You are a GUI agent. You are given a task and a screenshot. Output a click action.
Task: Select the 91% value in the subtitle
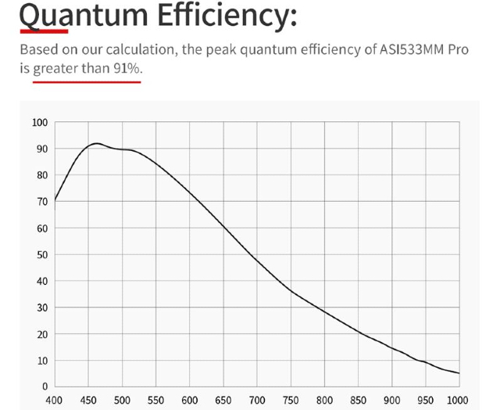127,69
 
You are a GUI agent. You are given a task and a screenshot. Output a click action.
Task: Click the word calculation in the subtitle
142,51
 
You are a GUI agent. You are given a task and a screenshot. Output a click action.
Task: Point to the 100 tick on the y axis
40,123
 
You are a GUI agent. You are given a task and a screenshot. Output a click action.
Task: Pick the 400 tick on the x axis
55,400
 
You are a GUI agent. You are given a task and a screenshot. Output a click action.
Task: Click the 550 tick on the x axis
155,400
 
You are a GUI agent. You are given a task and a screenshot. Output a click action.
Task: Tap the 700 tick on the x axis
257,400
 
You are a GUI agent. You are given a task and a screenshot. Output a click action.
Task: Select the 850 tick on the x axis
358,400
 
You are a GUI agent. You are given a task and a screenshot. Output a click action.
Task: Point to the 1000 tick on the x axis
459,400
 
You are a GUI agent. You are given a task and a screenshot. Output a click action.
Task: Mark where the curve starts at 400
55,200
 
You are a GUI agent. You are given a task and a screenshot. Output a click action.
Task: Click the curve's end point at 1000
459,373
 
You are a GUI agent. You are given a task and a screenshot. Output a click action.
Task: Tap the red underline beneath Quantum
44,31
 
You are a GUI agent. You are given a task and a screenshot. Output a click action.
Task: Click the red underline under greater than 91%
86,79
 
